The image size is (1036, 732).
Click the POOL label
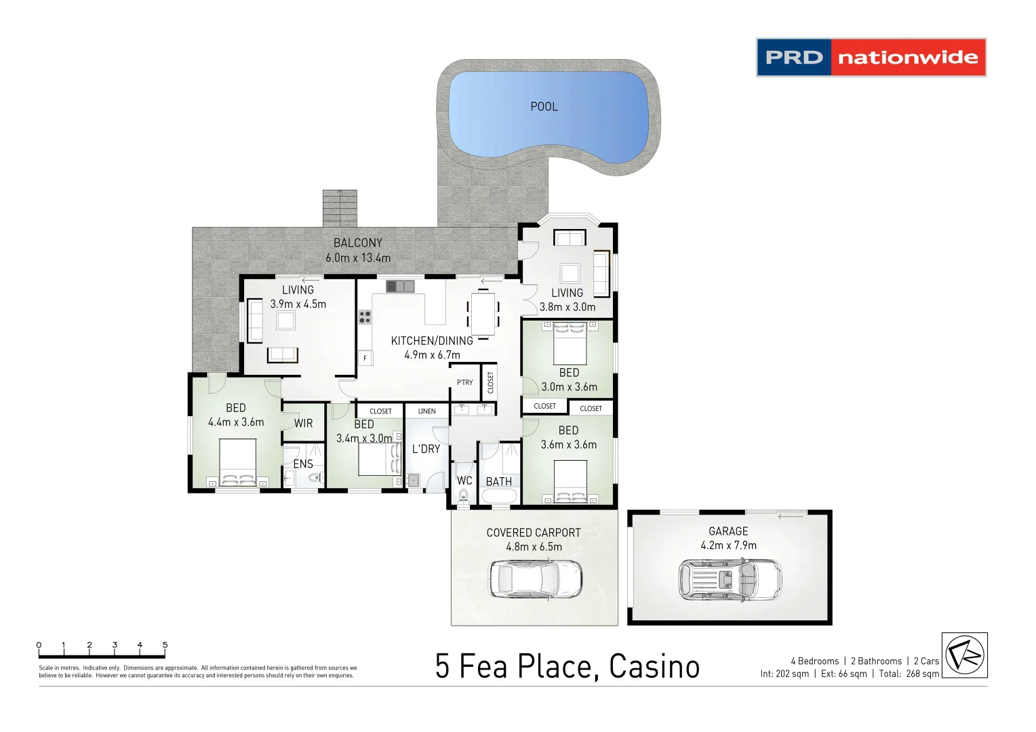[544, 106]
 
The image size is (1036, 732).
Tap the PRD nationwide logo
[871, 58]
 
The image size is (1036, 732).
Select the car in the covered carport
[536, 578]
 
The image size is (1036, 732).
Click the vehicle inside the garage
[730, 579]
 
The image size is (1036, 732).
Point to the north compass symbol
[964, 655]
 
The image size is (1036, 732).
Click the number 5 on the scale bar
[165, 645]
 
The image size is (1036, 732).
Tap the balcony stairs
[339, 208]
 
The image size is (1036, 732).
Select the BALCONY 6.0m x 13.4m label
[358, 250]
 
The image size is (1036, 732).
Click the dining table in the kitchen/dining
[483, 313]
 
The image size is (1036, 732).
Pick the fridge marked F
[365, 358]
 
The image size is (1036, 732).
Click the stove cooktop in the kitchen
[365, 317]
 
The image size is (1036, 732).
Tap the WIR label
[303, 423]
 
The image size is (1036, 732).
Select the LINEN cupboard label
[426, 411]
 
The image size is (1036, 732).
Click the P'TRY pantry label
[464, 382]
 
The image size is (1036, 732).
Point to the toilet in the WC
[463, 497]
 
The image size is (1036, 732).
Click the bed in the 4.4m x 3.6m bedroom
[237, 462]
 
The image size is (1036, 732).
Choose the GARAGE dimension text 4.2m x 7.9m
[728, 546]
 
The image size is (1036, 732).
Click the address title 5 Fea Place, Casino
[567, 666]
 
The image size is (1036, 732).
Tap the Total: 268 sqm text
[909, 674]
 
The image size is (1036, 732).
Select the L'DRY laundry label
[426, 449]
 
